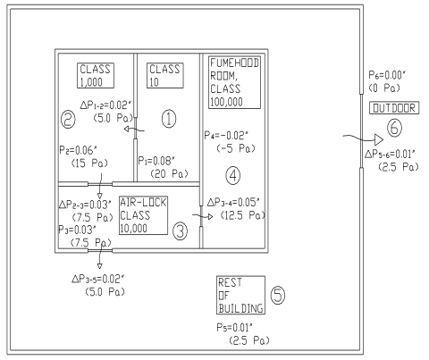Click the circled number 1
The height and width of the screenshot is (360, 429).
pyautogui.click(x=169, y=119)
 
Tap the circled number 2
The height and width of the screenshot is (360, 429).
pyautogui.click(x=68, y=120)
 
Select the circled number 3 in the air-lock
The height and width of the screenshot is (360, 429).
pyautogui.click(x=181, y=231)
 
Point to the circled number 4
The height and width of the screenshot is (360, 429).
pyautogui.click(x=233, y=175)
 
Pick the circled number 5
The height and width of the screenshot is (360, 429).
pyautogui.click(x=278, y=295)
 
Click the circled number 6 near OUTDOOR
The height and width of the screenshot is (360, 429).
pyautogui.click(x=394, y=128)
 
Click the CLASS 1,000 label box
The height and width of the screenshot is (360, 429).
pyautogui.click(x=96, y=76)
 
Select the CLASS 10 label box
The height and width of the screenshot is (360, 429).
pyautogui.click(x=165, y=76)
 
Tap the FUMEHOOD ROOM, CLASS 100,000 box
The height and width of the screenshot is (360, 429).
pyautogui.click(x=234, y=82)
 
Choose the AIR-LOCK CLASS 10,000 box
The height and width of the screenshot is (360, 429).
pyautogui.click(x=143, y=215)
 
